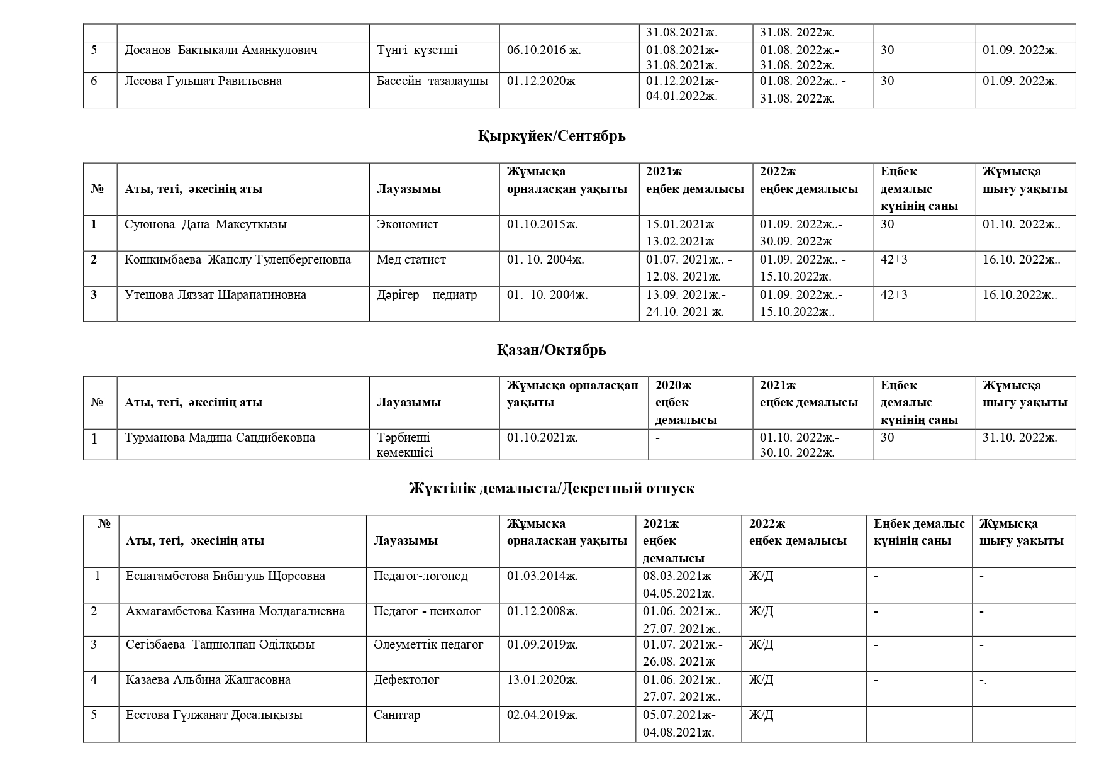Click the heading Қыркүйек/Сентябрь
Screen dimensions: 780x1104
551,136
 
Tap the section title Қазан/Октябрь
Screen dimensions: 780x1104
551,350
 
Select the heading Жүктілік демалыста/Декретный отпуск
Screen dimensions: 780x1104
551,489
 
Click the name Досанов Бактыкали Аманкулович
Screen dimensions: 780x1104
221,50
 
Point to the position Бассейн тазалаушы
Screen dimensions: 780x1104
432,81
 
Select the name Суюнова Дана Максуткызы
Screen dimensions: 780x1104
206,225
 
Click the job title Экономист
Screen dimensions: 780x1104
408,225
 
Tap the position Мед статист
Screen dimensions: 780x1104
411,260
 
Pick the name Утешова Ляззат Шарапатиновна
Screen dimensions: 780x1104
215,295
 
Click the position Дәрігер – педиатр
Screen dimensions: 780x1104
427,295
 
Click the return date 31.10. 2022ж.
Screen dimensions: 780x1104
1020,438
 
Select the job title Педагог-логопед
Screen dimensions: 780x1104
421,576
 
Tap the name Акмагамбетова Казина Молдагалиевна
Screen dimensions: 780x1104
235,611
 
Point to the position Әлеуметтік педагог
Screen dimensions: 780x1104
428,645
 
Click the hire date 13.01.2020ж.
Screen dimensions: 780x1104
542,680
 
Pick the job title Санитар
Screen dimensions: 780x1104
397,715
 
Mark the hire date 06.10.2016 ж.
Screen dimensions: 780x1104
544,50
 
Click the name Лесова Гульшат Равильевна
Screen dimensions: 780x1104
203,81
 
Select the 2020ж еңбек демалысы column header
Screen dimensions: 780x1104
686,403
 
